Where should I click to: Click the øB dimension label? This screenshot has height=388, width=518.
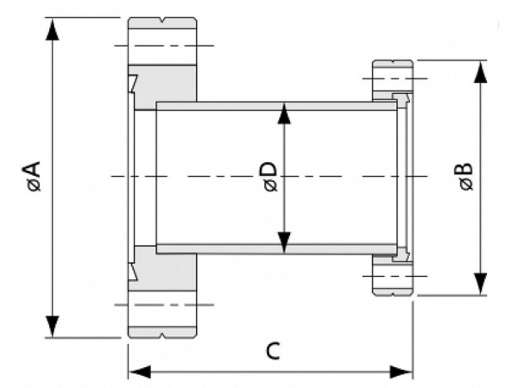(464, 177)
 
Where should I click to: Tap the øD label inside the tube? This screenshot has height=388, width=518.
(268, 177)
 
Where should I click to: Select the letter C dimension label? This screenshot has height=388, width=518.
(271, 351)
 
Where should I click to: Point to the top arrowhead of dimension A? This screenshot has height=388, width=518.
(54, 28)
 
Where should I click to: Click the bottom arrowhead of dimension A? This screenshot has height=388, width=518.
(54, 326)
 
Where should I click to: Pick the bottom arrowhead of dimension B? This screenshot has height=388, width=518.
(480, 284)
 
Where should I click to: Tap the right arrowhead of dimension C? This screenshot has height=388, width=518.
(401, 372)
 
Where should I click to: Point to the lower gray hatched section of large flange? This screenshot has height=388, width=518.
(168, 272)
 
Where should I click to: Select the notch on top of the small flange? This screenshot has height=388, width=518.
(393, 63)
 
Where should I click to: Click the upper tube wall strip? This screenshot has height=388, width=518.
(276, 105)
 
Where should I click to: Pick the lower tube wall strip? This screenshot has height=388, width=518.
(276, 249)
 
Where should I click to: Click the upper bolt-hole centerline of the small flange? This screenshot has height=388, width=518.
(393, 80)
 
